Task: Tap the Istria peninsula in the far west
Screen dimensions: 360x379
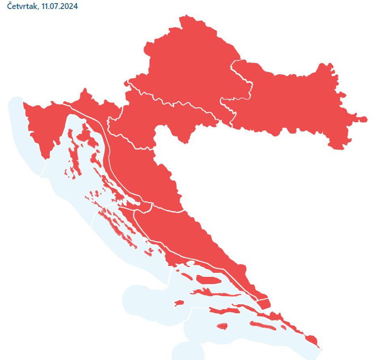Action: pos(40,129)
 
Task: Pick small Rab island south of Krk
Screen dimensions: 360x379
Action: pos(95,157)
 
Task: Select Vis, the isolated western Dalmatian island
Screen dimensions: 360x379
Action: pos(178,303)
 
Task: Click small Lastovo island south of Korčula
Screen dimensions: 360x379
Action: pos(222,325)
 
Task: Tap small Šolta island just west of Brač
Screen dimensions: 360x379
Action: pos(186,276)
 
